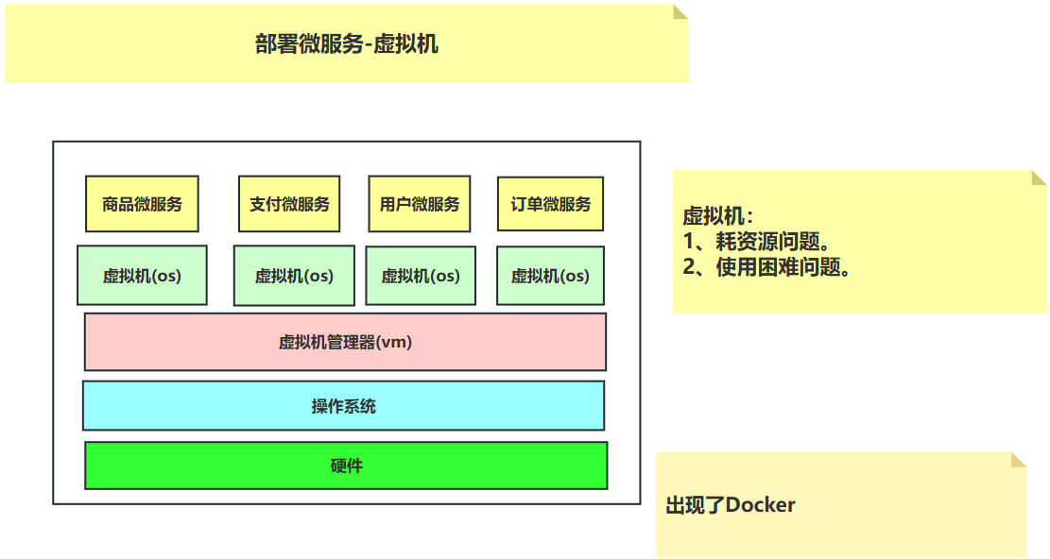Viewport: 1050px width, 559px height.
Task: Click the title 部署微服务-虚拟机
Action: coord(347,44)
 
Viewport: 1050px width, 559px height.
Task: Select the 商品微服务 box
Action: coord(142,204)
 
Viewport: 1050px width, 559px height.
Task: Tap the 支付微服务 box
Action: coord(289,204)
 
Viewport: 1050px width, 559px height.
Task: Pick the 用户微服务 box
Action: coord(420,204)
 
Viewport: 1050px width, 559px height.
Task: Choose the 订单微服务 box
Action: coord(550,204)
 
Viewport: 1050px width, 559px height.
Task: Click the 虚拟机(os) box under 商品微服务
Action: coord(142,276)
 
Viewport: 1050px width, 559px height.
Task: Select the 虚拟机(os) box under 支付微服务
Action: coord(294,276)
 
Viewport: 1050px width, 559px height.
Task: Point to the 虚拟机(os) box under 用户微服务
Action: coord(421,276)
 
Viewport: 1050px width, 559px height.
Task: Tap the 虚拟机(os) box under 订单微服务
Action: coord(550,276)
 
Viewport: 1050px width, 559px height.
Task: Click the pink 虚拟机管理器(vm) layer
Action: coord(346,342)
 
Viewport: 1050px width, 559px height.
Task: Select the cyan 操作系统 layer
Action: coord(343,406)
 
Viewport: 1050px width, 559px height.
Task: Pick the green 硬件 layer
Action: coord(346,466)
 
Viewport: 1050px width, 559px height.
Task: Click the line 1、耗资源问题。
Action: coord(757,242)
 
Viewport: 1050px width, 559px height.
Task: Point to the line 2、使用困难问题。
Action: coord(766,267)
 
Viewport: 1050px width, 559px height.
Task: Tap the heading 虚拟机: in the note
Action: coord(718,216)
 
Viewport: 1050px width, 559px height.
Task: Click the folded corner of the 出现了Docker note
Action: coord(1019,460)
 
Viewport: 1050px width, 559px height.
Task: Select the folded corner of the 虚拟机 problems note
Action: coord(1039,178)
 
